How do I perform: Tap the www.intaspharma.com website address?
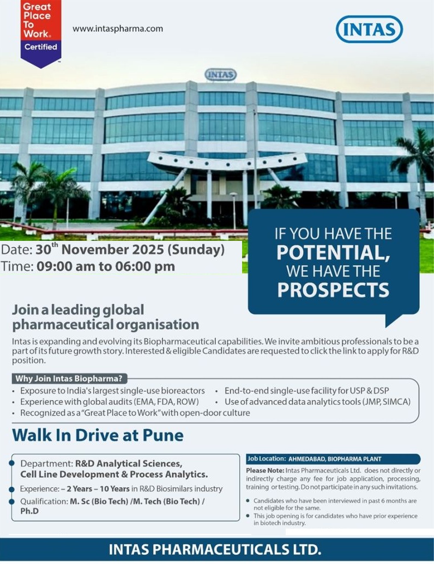pyautogui.click(x=118, y=29)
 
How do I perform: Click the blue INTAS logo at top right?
pyautogui.click(x=369, y=29)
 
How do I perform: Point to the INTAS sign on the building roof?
pyautogui.click(x=220, y=75)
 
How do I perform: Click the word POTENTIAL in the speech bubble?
pyautogui.click(x=333, y=253)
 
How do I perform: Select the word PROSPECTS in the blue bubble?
pyautogui.click(x=333, y=289)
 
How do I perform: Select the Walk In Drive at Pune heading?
pyautogui.click(x=98, y=435)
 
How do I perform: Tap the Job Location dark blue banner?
pyautogui.click(x=333, y=459)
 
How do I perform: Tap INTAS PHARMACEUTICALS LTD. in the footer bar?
pyautogui.click(x=215, y=549)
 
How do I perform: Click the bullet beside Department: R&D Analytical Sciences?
pyautogui.click(x=12, y=463)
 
